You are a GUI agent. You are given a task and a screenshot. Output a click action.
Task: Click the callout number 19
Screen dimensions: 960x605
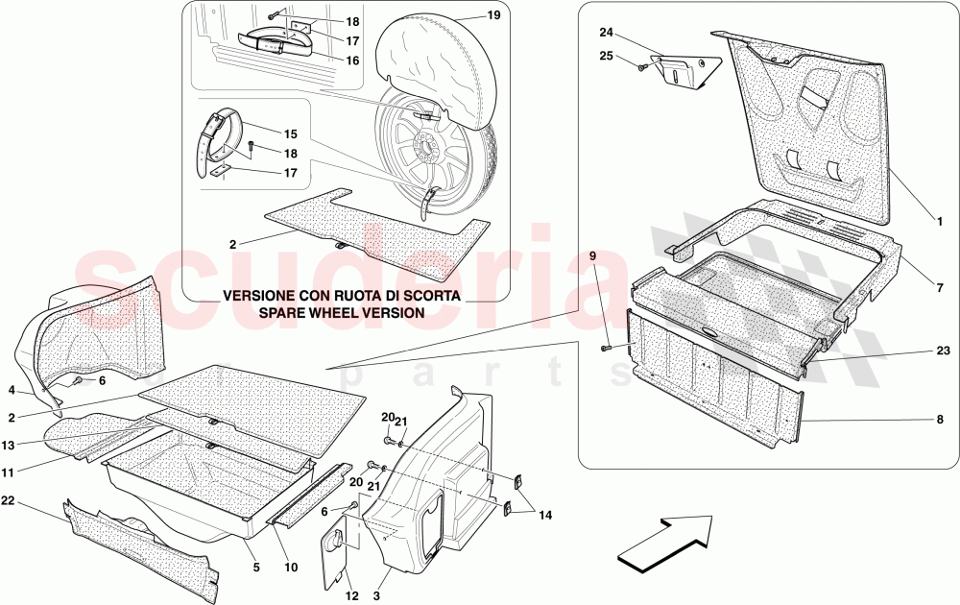[494, 14]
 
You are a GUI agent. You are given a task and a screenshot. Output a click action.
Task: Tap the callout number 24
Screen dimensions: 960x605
[606, 32]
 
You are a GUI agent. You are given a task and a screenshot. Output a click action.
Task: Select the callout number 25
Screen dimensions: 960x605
[606, 57]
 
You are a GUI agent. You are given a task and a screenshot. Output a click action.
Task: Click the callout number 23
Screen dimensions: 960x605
[943, 351]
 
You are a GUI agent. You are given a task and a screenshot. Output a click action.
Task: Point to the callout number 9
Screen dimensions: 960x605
[592, 256]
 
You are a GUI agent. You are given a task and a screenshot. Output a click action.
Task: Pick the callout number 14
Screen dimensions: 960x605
[545, 516]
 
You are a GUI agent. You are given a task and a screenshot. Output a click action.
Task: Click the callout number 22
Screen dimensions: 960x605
[8, 501]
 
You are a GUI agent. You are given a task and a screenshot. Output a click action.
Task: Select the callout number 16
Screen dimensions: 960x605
[352, 60]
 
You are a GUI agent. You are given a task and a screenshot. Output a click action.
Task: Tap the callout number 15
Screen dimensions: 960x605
[290, 133]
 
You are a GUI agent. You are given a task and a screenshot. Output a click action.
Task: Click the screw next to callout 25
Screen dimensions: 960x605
[643, 68]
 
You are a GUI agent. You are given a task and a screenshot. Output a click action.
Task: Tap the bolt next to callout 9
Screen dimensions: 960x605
[606, 348]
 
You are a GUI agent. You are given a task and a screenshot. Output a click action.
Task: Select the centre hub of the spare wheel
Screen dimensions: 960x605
[420, 149]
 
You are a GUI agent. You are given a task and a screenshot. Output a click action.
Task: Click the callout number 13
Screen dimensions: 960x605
[8, 446]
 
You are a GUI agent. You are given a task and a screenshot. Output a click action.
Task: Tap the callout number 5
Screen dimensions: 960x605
[256, 568]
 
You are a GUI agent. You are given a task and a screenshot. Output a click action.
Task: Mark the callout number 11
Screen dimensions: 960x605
[8, 472]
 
